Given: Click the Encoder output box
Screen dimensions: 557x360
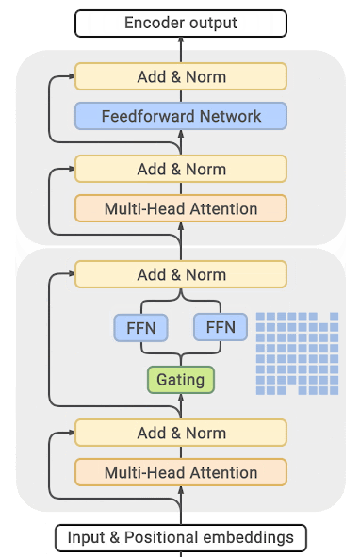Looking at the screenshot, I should [180, 23].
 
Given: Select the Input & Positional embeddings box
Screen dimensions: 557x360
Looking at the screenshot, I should [180, 538].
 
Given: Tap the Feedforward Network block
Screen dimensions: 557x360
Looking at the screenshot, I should [180, 116].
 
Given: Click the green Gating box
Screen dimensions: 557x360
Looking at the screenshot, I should [180, 379].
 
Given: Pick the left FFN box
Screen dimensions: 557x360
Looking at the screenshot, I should [140, 328].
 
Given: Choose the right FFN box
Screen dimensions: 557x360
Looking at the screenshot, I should [220, 328].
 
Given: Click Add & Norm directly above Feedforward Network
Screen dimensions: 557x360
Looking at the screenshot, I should [180, 76].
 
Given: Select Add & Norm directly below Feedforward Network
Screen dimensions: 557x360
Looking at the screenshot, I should [180, 169].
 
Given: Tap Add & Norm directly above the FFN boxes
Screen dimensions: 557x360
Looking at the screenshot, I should [180, 275].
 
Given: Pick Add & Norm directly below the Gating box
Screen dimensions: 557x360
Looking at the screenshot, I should [180, 434].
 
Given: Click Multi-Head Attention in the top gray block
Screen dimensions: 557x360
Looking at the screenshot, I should [180, 208].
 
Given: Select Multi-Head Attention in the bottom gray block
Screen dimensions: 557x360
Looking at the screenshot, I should [180, 473].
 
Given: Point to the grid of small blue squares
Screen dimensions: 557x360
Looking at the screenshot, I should [296, 352].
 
